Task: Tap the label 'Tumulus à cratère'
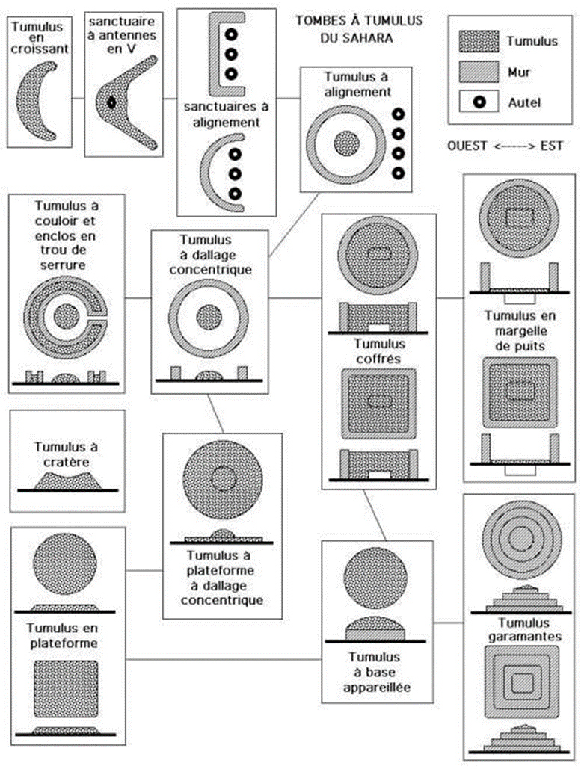[67, 454]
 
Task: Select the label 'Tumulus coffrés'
[378, 351]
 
